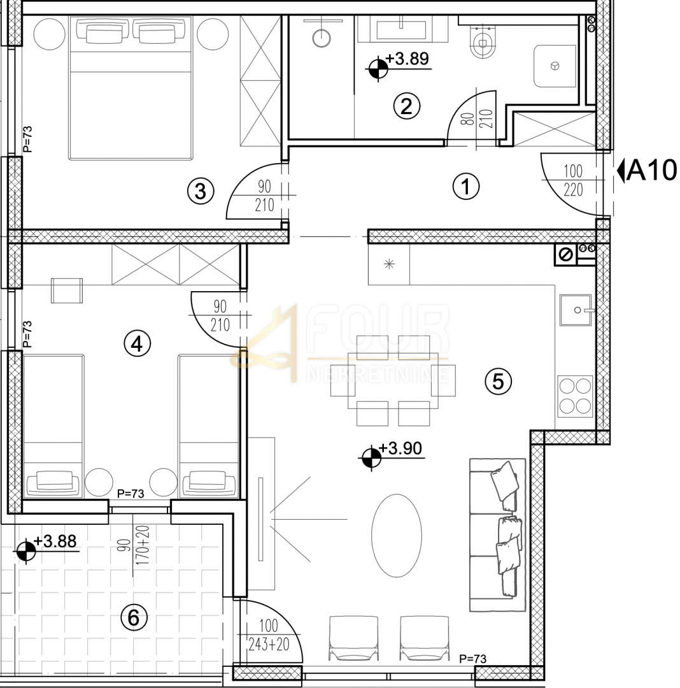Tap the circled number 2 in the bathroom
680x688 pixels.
[406, 106]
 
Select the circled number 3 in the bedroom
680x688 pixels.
[201, 191]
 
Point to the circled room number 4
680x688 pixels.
[138, 343]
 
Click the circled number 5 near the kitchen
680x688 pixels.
[498, 381]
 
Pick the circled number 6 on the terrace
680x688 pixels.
[134, 618]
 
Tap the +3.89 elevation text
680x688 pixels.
[407, 59]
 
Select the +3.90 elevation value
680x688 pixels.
[400, 448]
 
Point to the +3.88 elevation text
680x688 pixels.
[55, 541]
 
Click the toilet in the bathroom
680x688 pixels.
[482, 40]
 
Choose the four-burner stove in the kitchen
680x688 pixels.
[575, 396]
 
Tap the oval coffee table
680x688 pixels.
[397, 535]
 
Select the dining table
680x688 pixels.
[393, 380]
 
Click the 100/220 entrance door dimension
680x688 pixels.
[573, 180]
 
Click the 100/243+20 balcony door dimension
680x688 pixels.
[269, 634]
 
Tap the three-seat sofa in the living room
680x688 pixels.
[498, 535]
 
